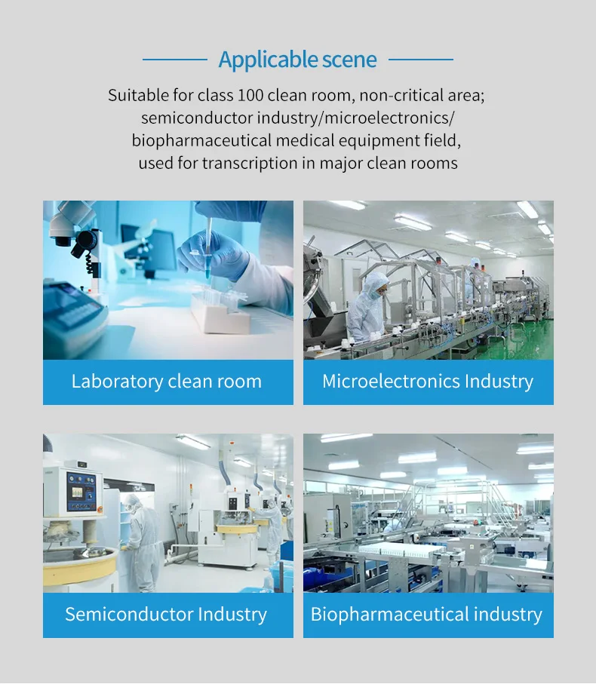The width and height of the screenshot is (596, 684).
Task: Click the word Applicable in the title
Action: point(268,60)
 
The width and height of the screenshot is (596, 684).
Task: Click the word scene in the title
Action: point(349,60)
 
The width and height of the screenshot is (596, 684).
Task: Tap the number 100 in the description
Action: point(250,95)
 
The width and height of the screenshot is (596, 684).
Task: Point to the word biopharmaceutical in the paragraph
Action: point(202,140)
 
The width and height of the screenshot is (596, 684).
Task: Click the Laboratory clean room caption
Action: point(167,382)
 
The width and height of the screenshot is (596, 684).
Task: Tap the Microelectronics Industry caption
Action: point(428,382)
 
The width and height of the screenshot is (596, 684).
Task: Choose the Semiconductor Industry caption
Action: point(166,614)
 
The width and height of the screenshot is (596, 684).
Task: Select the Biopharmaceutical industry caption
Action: point(426,614)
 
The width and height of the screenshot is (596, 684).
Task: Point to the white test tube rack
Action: point(220,312)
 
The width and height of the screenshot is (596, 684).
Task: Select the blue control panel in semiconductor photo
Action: point(81,492)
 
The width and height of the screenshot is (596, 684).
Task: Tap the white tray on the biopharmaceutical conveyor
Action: point(396,550)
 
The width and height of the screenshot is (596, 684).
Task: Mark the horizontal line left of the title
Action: point(175,60)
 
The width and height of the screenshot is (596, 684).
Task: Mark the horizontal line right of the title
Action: point(421,60)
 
